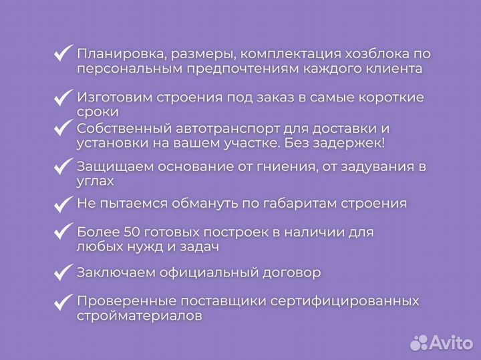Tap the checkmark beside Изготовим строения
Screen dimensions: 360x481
(63, 98)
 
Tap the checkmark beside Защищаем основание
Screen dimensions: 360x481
(63, 166)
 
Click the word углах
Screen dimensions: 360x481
(96, 181)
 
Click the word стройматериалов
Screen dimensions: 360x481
(139, 317)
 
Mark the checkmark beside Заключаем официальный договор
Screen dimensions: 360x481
(63, 273)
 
